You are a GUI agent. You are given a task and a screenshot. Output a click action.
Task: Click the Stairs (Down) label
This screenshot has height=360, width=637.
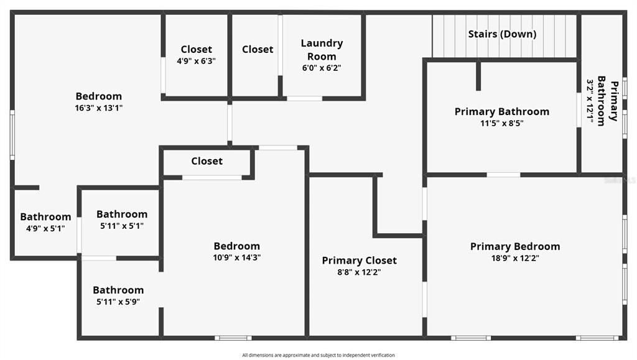point(502,34)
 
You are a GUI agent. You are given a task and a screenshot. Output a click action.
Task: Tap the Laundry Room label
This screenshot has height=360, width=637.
point(322,50)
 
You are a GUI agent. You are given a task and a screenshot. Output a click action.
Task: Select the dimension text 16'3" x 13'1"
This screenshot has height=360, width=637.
point(99,108)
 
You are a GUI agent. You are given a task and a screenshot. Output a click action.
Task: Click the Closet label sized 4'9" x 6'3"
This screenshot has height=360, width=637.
point(196,49)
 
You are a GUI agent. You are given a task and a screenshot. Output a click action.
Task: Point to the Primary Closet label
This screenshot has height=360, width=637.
point(359,260)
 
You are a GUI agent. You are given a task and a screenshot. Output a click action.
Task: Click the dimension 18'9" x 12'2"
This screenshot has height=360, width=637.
point(515,258)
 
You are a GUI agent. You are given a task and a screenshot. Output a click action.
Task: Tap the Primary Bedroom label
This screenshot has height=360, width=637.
point(515,246)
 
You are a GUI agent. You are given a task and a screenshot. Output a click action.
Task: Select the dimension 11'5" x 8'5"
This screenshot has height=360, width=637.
point(502,123)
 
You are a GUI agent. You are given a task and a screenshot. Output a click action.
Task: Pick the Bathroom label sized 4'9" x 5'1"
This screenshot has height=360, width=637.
point(45,217)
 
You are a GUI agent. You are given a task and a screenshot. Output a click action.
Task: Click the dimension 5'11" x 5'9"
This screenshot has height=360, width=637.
point(118,302)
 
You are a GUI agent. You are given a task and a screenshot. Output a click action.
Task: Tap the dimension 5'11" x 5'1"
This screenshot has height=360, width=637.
point(122,226)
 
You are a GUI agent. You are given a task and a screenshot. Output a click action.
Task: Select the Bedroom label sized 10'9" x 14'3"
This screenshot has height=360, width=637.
point(237,246)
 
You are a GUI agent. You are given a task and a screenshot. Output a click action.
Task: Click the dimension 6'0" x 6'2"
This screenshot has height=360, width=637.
point(322,68)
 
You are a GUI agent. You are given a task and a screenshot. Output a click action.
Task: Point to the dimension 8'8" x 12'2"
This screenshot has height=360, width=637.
point(359,272)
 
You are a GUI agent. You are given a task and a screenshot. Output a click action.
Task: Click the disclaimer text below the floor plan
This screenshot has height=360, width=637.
point(318,355)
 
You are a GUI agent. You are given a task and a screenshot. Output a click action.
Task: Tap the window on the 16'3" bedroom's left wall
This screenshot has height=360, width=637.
point(12,135)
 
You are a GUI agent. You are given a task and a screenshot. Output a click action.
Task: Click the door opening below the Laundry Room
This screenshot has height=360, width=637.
point(305,98)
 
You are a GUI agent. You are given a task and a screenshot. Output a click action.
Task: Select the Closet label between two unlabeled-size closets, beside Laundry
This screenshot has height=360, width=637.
point(258,49)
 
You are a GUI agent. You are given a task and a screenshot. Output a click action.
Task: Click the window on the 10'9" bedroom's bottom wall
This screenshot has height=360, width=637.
point(233,338)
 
